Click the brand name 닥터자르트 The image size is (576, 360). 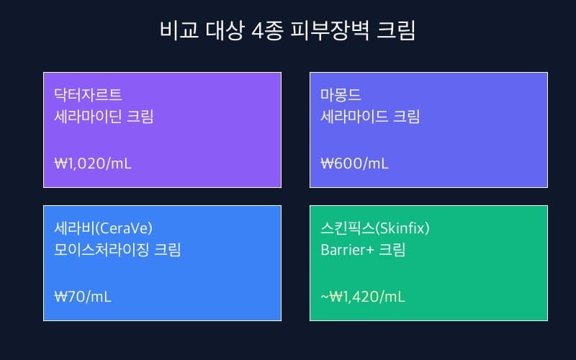tap(88, 94)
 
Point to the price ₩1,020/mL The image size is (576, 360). tap(93, 163)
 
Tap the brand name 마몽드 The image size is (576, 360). tap(341, 94)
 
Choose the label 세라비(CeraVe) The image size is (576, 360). tap(104, 228)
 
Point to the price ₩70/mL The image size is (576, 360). tap(83, 296)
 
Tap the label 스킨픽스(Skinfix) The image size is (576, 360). tap(375, 228)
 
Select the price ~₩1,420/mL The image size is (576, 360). tap(363, 296)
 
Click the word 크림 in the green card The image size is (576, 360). tap(392, 251)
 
